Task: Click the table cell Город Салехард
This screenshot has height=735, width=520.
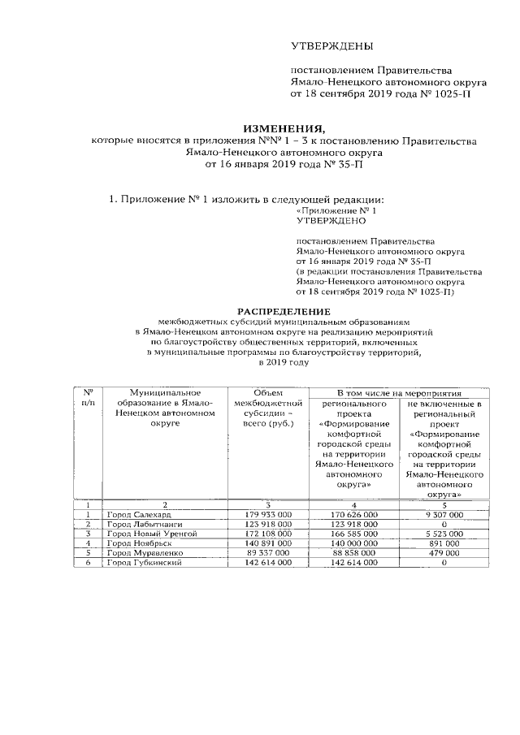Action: click(x=137, y=515)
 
